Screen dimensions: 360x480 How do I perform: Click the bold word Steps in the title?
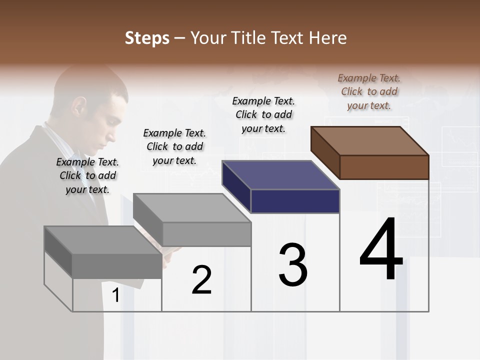pyautogui.click(x=146, y=38)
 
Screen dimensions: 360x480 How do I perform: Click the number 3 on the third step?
pyautogui.click(x=293, y=265)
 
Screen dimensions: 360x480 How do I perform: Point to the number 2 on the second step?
pyautogui.click(x=201, y=280)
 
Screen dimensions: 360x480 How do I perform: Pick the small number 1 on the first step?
pyautogui.click(x=115, y=295)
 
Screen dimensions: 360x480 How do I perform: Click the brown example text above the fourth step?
pyautogui.click(x=369, y=91)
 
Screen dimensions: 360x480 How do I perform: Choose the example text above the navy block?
pyautogui.click(x=263, y=114)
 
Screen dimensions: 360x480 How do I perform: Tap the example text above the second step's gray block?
pyautogui.click(x=174, y=146)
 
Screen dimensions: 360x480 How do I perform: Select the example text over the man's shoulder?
pyautogui.click(x=87, y=175)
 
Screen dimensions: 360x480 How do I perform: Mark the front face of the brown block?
pyautogui.click(x=384, y=167)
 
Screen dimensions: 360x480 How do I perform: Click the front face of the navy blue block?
pyautogui.click(x=295, y=201)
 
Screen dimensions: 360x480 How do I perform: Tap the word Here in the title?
pyautogui.click(x=328, y=38)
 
